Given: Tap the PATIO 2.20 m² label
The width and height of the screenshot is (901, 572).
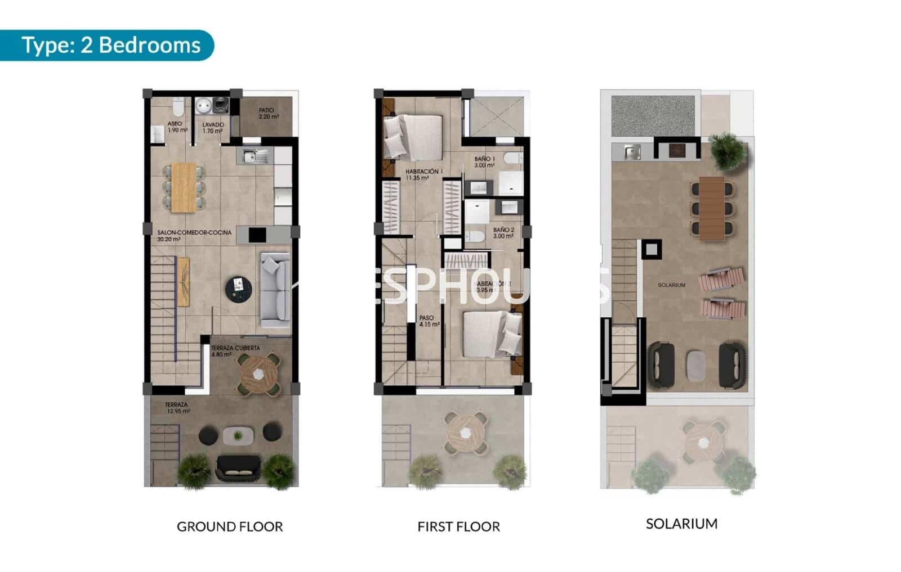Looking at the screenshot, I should click(267, 114).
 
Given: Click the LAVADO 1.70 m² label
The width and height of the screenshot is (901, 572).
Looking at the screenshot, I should click(213, 128).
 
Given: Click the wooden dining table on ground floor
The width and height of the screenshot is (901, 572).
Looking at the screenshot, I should click(184, 187).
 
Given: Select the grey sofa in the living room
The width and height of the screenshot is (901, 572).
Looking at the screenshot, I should click(275, 290).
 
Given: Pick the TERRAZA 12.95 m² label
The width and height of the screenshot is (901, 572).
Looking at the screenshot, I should click(177, 408).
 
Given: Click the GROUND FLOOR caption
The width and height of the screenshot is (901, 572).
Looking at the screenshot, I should click(230, 527).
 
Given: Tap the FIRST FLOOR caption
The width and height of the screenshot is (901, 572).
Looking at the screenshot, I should click(458, 527).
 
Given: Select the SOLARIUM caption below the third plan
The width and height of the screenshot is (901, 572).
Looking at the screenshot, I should click(681, 524).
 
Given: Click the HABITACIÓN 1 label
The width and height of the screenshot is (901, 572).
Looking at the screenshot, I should click(423, 174).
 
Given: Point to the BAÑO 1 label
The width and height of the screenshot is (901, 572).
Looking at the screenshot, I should click(484, 162).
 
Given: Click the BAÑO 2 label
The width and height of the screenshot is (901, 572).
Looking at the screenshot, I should click(503, 233).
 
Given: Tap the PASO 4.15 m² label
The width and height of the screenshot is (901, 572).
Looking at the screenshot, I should click(428, 321).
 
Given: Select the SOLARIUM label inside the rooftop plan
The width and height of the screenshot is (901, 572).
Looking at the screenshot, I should click(671, 285).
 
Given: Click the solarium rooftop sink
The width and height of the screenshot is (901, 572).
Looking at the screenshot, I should click(633, 151).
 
